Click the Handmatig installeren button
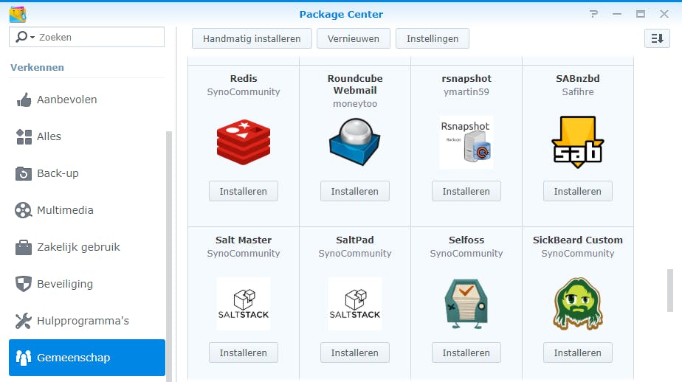pyautogui.click(x=252, y=38)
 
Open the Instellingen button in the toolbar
pyautogui.click(x=432, y=38)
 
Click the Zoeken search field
pyautogui.click(x=96, y=37)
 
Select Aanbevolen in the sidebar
pyautogui.click(x=66, y=100)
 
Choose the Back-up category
pyautogui.click(x=58, y=173)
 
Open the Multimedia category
pyautogui.click(x=65, y=210)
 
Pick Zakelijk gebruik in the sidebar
pyautogui.click(x=78, y=247)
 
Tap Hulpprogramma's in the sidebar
pyautogui.click(x=83, y=321)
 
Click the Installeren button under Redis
pyautogui.click(x=244, y=191)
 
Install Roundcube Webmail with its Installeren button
pyautogui.click(x=355, y=191)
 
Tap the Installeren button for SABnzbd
pyautogui.click(x=578, y=191)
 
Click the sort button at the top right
pyautogui.click(x=657, y=38)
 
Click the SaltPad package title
pyautogui.click(x=355, y=240)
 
